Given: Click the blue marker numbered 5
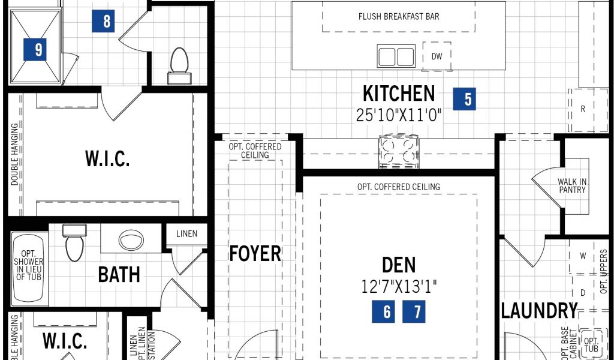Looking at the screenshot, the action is (465, 99).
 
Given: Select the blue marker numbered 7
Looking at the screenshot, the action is (414, 311).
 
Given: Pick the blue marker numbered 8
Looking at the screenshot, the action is (103, 21).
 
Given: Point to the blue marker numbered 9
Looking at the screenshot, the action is (35, 49).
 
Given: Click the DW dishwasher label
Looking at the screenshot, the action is (437, 56).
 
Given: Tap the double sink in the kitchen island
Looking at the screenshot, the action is (396, 56).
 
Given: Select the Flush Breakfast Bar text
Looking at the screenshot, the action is (399, 16).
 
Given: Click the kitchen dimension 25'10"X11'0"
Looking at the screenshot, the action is (399, 115).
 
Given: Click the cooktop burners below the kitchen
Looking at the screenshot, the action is (399, 151).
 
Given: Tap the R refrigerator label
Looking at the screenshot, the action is (583, 109).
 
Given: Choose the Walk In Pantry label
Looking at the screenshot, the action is (572, 185).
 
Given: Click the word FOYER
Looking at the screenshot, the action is (255, 253).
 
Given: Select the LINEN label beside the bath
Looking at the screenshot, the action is (187, 234).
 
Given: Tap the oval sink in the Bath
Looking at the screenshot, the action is (131, 240).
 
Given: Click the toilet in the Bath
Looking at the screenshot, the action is (74, 242).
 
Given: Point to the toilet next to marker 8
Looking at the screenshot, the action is (179, 66).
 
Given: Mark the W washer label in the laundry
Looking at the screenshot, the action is (583, 256).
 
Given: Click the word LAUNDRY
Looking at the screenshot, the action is (540, 311).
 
